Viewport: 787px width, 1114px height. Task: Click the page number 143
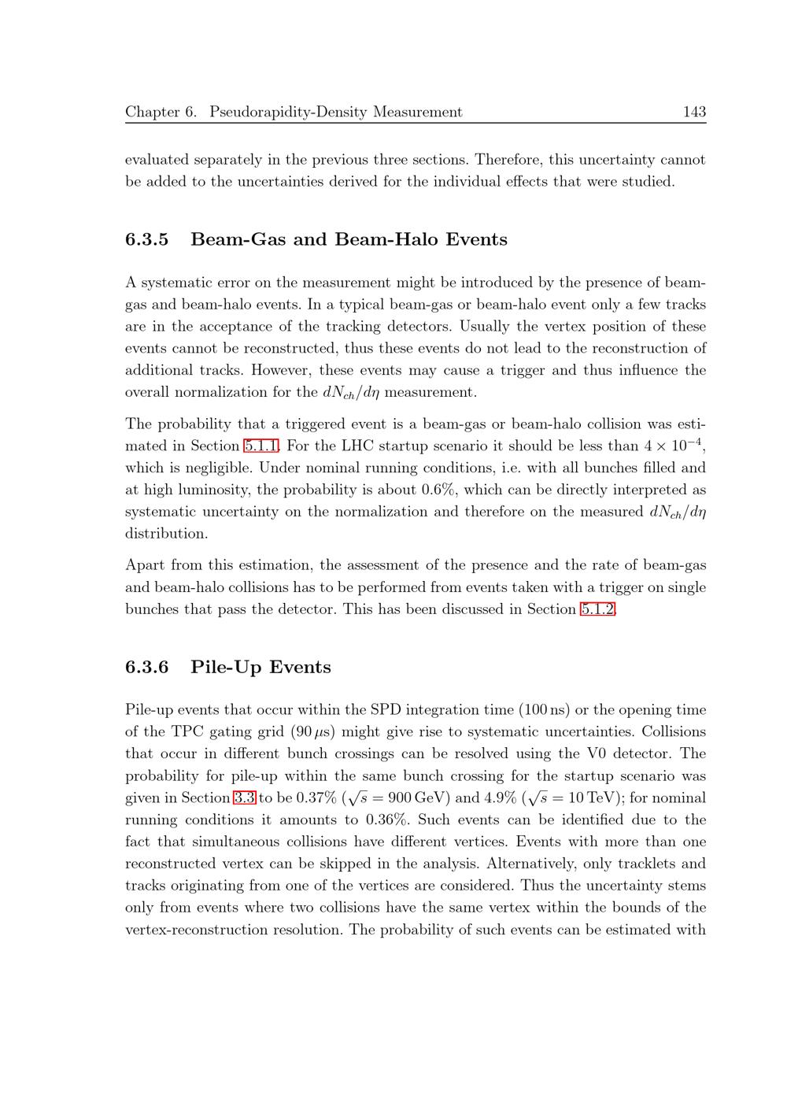point(694,112)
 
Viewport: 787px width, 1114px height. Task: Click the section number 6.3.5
point(147,239)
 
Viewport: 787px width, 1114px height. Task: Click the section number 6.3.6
point(147,668)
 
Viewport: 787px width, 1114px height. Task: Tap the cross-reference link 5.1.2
point(597,609)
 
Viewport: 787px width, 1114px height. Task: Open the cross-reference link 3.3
point(245,798)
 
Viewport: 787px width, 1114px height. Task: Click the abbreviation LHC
point(358,446)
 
